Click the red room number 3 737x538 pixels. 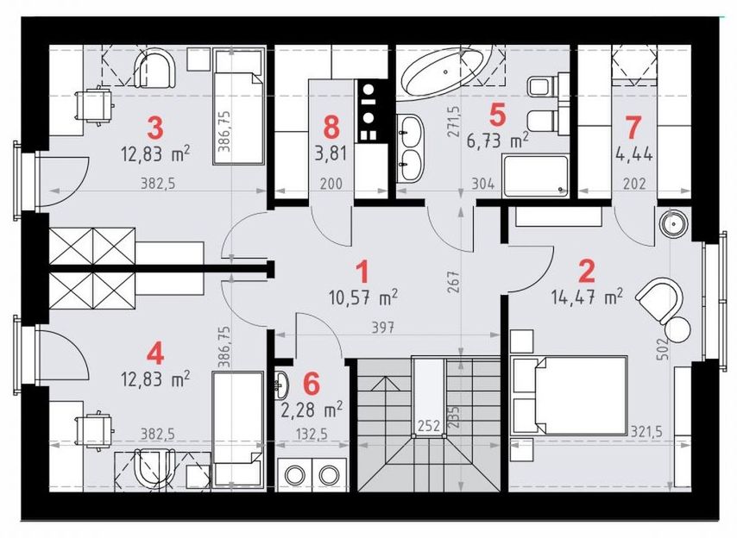click(155, 128)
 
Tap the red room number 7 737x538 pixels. click(633, 128)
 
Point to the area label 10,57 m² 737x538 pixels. click(364, 297)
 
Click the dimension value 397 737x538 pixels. click(382, 328)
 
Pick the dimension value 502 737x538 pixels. click(663, 349)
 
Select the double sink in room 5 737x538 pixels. click(410, 147)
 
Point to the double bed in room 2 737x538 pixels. click(570, 395)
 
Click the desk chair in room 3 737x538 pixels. click(95, 105)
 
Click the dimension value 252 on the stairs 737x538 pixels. click(429, 425)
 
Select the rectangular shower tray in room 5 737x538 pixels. click(535, 176)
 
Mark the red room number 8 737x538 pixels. click(331, 128)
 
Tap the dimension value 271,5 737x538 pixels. click(455, 121)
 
